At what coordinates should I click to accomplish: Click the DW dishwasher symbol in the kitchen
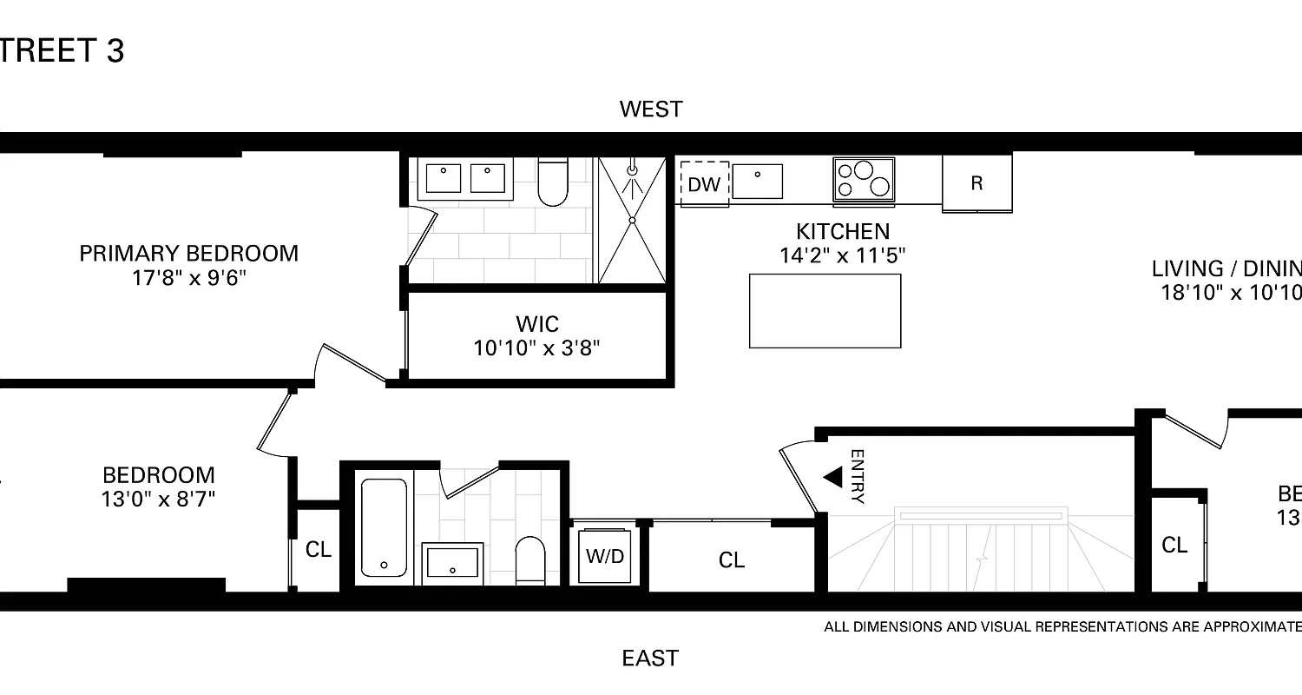pyautogui.click(x=704, y=184)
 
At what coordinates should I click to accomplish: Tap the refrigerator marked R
pyautogui.click(x=976, y=182)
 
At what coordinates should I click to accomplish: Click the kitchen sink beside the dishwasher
pyautogui.click(x=757, y=181)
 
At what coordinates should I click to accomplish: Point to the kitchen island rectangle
pyautogui.click(x=825, y=310)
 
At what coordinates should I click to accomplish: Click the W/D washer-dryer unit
pyautogui.click(x=605, y=556)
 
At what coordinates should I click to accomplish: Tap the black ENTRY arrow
pyautogui.click(x=833, y=477)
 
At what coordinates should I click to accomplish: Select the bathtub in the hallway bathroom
pyautogui.click(x=384, y=527)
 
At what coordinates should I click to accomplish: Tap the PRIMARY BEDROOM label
pyautogui.click(x=188, y=254)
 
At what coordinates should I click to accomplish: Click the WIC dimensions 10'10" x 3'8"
pyautogui.click(x=536, y=348)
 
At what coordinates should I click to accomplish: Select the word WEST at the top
pyautogui.click(x=651, y=109)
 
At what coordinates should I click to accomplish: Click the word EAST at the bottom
pyautogui.click(x=650, y=659)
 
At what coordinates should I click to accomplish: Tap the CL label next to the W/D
pyautogui.click(x=732, y=560)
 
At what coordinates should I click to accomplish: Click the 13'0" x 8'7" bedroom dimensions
pyautogui.click(x=158, y=499)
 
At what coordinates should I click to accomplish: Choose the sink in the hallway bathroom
pyautogui.click(x=452, y=563)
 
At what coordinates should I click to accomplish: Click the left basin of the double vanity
pyautogui.click(x=444, y=177)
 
